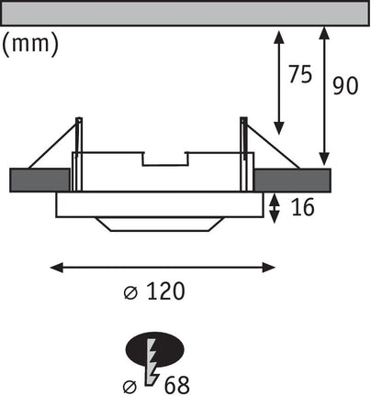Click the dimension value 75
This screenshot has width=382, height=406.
coord(300,74)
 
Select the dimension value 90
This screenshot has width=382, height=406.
coord(345,86)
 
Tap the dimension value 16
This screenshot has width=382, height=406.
coord(302,207)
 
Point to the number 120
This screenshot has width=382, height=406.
coord(165,291)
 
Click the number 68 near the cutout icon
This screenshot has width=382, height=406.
coord(177,385)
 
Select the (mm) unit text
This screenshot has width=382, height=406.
coord(30,44)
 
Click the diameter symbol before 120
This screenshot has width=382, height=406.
coord(130,293)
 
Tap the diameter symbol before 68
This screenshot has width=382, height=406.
coord(129,387)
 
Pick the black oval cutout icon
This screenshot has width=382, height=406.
coord(154,349)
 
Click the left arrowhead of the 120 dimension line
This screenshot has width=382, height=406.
coord(56,268)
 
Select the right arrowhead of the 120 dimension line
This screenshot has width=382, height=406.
coord(269,268)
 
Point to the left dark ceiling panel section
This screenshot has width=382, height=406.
coord(39,180)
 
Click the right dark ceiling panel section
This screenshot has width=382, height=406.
coord(292,180)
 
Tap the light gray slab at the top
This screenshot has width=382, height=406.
coord(185,13)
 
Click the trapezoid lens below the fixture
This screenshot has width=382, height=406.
coord(160,224)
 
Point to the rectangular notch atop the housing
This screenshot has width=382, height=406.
coord(165,159)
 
